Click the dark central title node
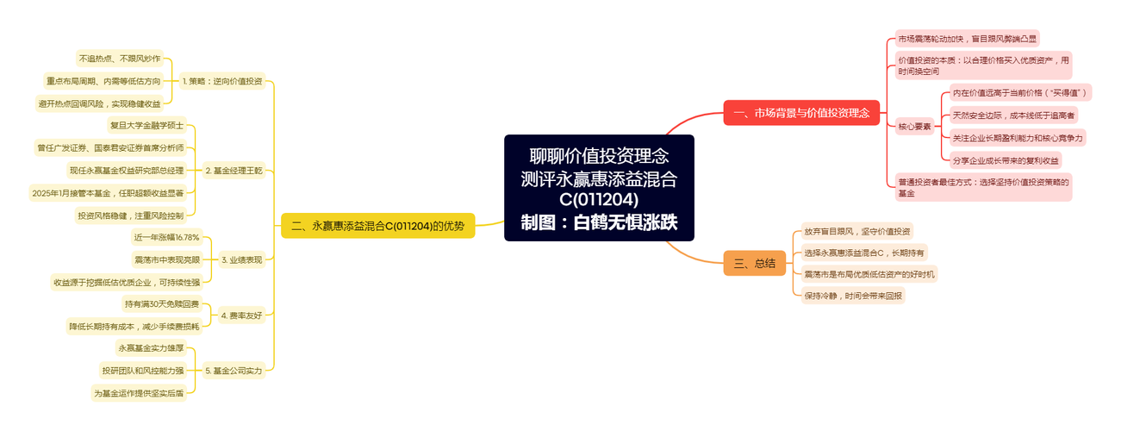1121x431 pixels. coord(599,188)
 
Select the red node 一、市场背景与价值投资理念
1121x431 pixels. coord(801,113)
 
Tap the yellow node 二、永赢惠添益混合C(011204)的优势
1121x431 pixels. coord(378,226)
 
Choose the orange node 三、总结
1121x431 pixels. coord(755,263)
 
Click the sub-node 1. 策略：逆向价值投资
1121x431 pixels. coord(222,81)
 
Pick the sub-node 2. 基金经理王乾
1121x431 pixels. coord(234,171)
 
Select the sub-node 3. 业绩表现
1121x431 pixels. coord(242,259)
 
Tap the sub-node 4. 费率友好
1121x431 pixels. coord(242,315)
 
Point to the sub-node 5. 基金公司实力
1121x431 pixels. coord(234,371)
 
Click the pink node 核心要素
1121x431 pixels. coord(914,127)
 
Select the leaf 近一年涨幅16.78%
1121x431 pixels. coord(166,237)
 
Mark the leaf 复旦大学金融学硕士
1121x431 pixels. coord(146,125)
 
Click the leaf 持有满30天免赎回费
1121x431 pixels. coord(162,303)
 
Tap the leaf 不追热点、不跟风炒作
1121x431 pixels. coord(120,59)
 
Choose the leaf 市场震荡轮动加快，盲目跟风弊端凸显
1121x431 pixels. coord(968,39)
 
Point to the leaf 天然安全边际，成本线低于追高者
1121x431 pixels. coord(1013,116)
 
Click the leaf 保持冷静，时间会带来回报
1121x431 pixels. coord(853,296)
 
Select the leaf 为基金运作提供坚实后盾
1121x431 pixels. coord(139,393)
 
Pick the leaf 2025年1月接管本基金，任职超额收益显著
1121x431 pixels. coord(108,193)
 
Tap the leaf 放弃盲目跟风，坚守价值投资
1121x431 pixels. coord(857,231)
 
